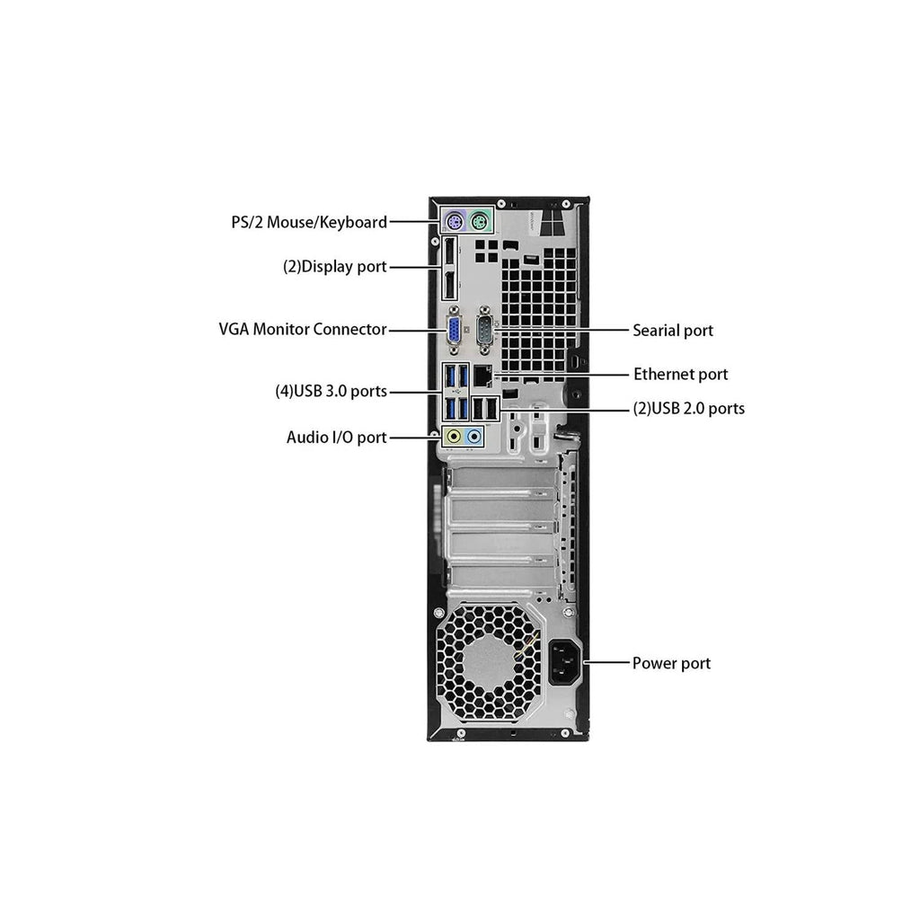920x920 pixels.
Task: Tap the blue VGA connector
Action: coord(456,330)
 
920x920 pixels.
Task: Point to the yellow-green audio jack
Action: coord(456,438)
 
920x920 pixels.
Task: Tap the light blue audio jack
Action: coord(474,438)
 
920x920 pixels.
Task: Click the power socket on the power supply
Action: coord(563,663)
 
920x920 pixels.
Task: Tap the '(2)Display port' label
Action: coord(334,267)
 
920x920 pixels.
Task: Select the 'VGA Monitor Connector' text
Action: coord(302,329)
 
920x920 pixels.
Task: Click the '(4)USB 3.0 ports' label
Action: coord(331,391)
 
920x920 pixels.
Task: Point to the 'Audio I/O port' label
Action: coord(336,438)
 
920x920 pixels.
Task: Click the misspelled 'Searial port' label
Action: coord(673,330)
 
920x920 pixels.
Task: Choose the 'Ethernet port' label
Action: coord(680,374)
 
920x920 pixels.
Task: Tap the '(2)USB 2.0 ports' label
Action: coord(688,408)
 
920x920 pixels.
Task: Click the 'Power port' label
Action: coord(671,663)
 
